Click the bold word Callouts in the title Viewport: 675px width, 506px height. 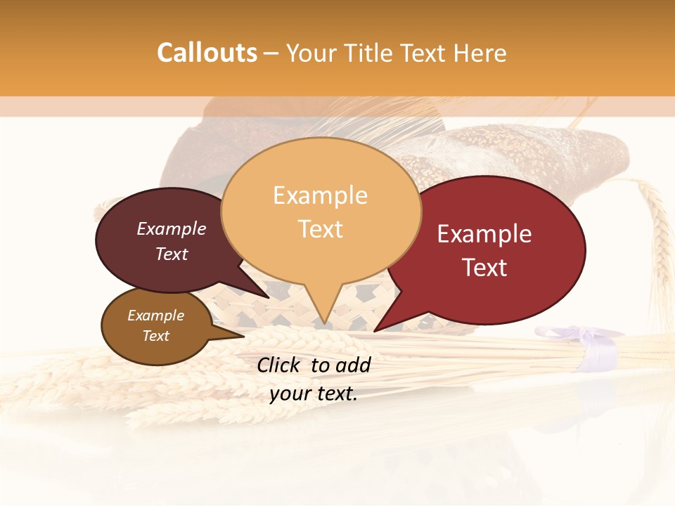tap(207, 53)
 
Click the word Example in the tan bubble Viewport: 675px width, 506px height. tap(320, 195)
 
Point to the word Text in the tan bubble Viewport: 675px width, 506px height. tap(321, 229)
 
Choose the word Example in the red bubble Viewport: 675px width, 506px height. tap(484, 234)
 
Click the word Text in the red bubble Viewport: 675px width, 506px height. tap(484, 268)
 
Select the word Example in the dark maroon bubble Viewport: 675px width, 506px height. tap(172, 228)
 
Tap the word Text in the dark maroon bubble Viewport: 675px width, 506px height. tap(172, 254)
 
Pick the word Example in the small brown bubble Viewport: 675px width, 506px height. tap(156, 316)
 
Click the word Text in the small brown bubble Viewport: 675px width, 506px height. tap(156, 336)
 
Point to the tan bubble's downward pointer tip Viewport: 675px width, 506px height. tap(323, 323)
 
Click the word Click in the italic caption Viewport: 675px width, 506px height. tap(280, 365)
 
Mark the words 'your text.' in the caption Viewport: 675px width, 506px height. tap(314, 394)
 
